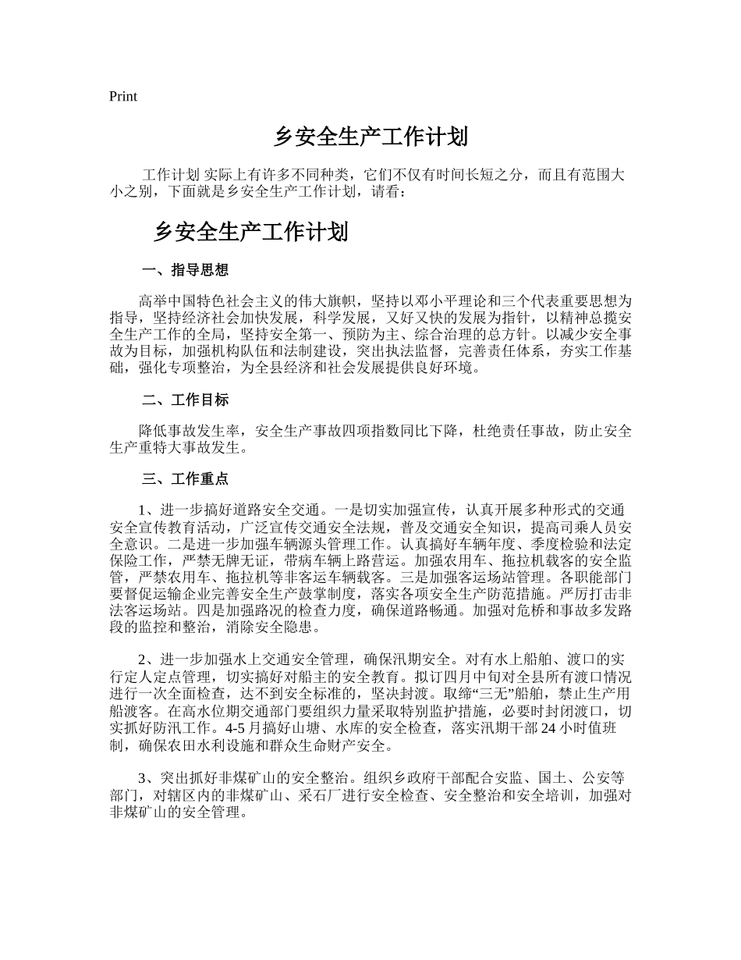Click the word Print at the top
coord(123,97)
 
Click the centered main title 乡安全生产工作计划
coord(370,137)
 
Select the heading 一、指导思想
coord(186,270)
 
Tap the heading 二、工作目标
coord(186,400)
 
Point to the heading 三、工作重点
coord(186,478)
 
